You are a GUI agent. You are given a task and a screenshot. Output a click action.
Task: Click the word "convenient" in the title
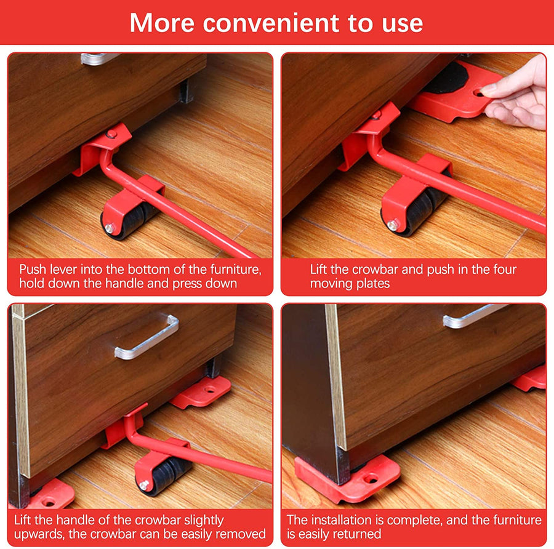(x=271, y=23)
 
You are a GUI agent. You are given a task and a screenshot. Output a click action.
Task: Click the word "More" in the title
(x=163, y=23)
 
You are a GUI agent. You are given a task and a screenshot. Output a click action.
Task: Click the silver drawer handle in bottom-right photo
(x=474, y=316)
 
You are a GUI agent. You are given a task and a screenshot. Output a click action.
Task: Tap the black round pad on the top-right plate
(x=448, y=78)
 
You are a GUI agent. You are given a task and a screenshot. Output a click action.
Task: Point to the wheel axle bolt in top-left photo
(x=110, y=228)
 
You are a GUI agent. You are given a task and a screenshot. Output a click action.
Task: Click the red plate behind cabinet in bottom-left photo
(x=201, y=392)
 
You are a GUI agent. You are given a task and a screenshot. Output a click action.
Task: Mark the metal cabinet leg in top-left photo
(x=186, y=90)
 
